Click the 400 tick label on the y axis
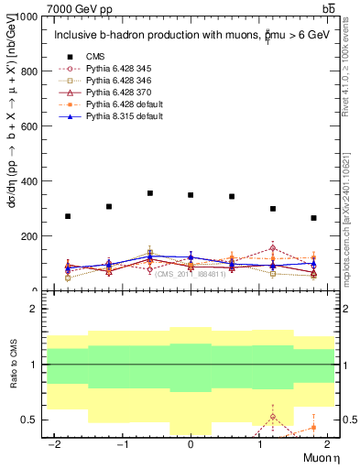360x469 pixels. click(x=30, y=181)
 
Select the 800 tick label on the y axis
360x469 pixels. click(x=30, y=71)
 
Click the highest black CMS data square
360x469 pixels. click(x=150, y=193)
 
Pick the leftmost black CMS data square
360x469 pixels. click(x=68, y=216)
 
